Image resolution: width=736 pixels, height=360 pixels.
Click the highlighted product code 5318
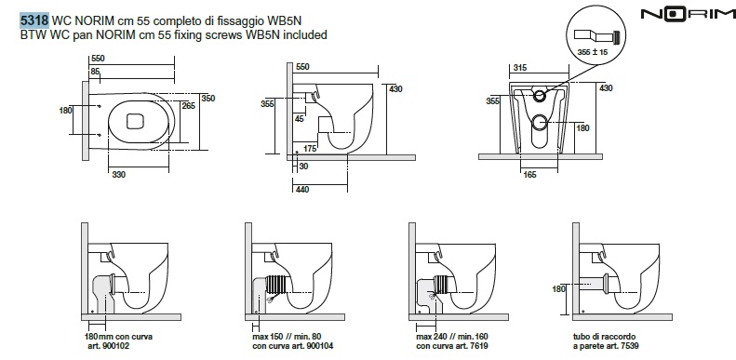[x=34, y=20]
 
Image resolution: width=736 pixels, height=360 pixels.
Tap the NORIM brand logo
[x=688, y=15]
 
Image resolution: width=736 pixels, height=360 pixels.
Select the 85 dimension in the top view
[x=95, y=72]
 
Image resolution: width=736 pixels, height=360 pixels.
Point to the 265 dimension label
[x=188, y=106]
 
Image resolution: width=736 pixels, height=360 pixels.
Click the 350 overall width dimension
[x=207, y=98]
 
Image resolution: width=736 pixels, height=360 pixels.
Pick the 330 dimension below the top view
[x=119, y=175]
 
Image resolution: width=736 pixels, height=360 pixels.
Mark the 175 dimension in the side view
[x=309, y=149]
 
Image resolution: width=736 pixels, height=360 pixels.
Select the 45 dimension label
[x=300, y=119]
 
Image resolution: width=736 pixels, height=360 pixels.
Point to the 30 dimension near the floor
[x=303, y=167]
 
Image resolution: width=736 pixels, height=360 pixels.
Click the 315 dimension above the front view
[x=520, y=68]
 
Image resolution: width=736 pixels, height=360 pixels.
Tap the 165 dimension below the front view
[x=529, y=175]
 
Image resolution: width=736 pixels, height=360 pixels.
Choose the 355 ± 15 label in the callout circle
[x=594, y=52]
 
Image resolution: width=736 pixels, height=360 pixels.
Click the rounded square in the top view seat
[x=134, y=121]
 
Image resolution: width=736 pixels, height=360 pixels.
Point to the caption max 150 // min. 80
[x=287, y=337]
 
